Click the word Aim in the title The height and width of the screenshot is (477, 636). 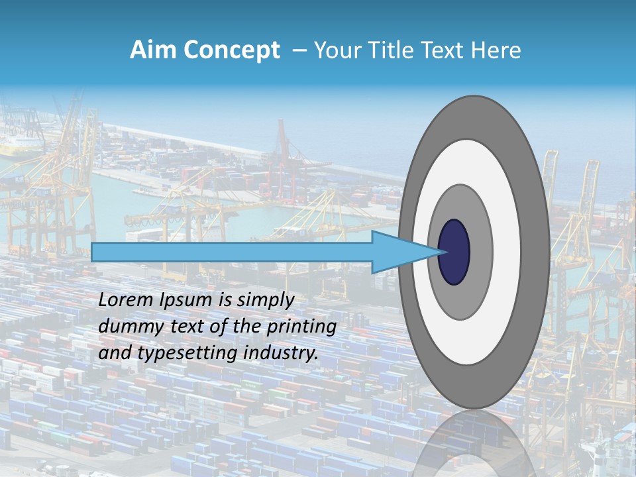[154, 50]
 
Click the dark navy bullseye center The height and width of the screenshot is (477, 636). [454, 252]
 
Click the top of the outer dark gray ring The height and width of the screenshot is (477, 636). [474, 117]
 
